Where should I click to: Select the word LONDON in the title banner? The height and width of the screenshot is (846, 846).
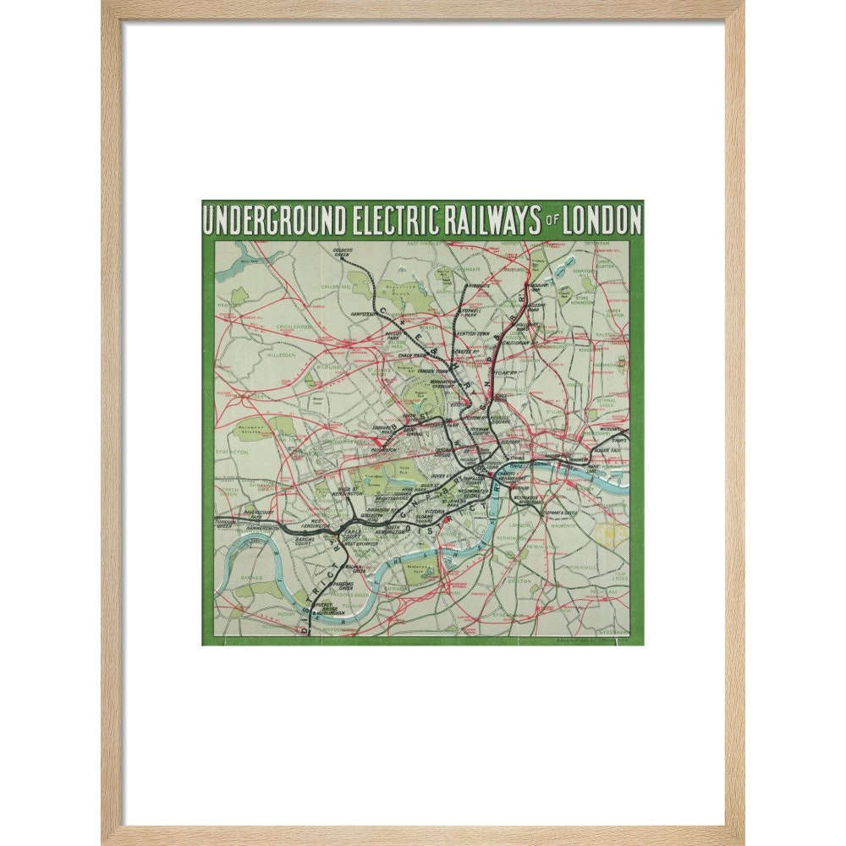602,221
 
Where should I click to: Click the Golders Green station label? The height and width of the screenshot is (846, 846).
343,251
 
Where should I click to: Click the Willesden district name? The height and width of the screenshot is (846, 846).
273,356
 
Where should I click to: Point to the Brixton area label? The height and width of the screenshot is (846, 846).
518,582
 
